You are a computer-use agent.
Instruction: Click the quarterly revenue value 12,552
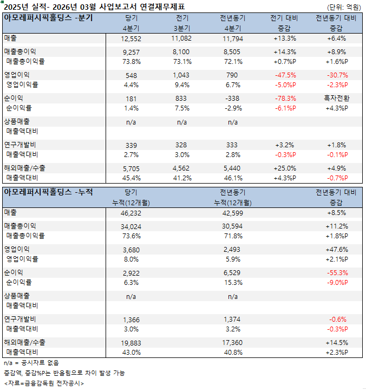tap(132, 38)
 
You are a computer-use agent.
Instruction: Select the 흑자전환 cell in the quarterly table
tap(336, 99)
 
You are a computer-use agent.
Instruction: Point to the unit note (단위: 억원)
tap(345, 7)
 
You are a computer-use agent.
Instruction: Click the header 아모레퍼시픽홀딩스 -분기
tap(48, 17)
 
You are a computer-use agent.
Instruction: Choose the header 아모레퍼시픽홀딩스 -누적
tap(48, 192)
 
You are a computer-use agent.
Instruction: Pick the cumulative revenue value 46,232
tap(132, 213)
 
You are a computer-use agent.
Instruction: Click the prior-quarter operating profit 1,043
tap(181, 75)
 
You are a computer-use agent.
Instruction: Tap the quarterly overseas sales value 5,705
tap(132, 168)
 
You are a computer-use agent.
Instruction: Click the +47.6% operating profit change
tap(336, 249)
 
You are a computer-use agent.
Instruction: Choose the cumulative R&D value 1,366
tap(132, 320)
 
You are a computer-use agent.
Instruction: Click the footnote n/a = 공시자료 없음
tap(31, 362)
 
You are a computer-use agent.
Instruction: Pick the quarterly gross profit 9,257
tap(132, 51)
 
